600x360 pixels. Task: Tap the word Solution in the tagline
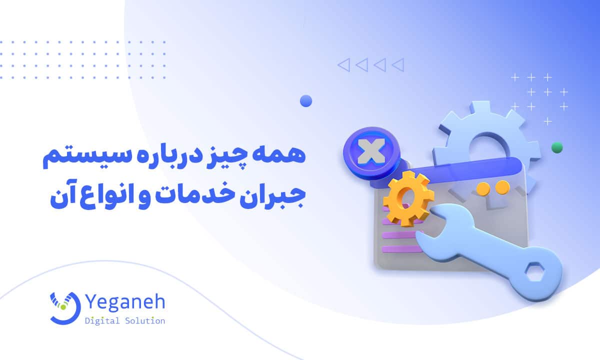pyautogui.click(x=146, y=320)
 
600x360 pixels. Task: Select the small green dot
pyautogui.click(x=556, y=147)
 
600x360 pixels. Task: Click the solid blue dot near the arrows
pyautogui.click(x=306, y=101)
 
